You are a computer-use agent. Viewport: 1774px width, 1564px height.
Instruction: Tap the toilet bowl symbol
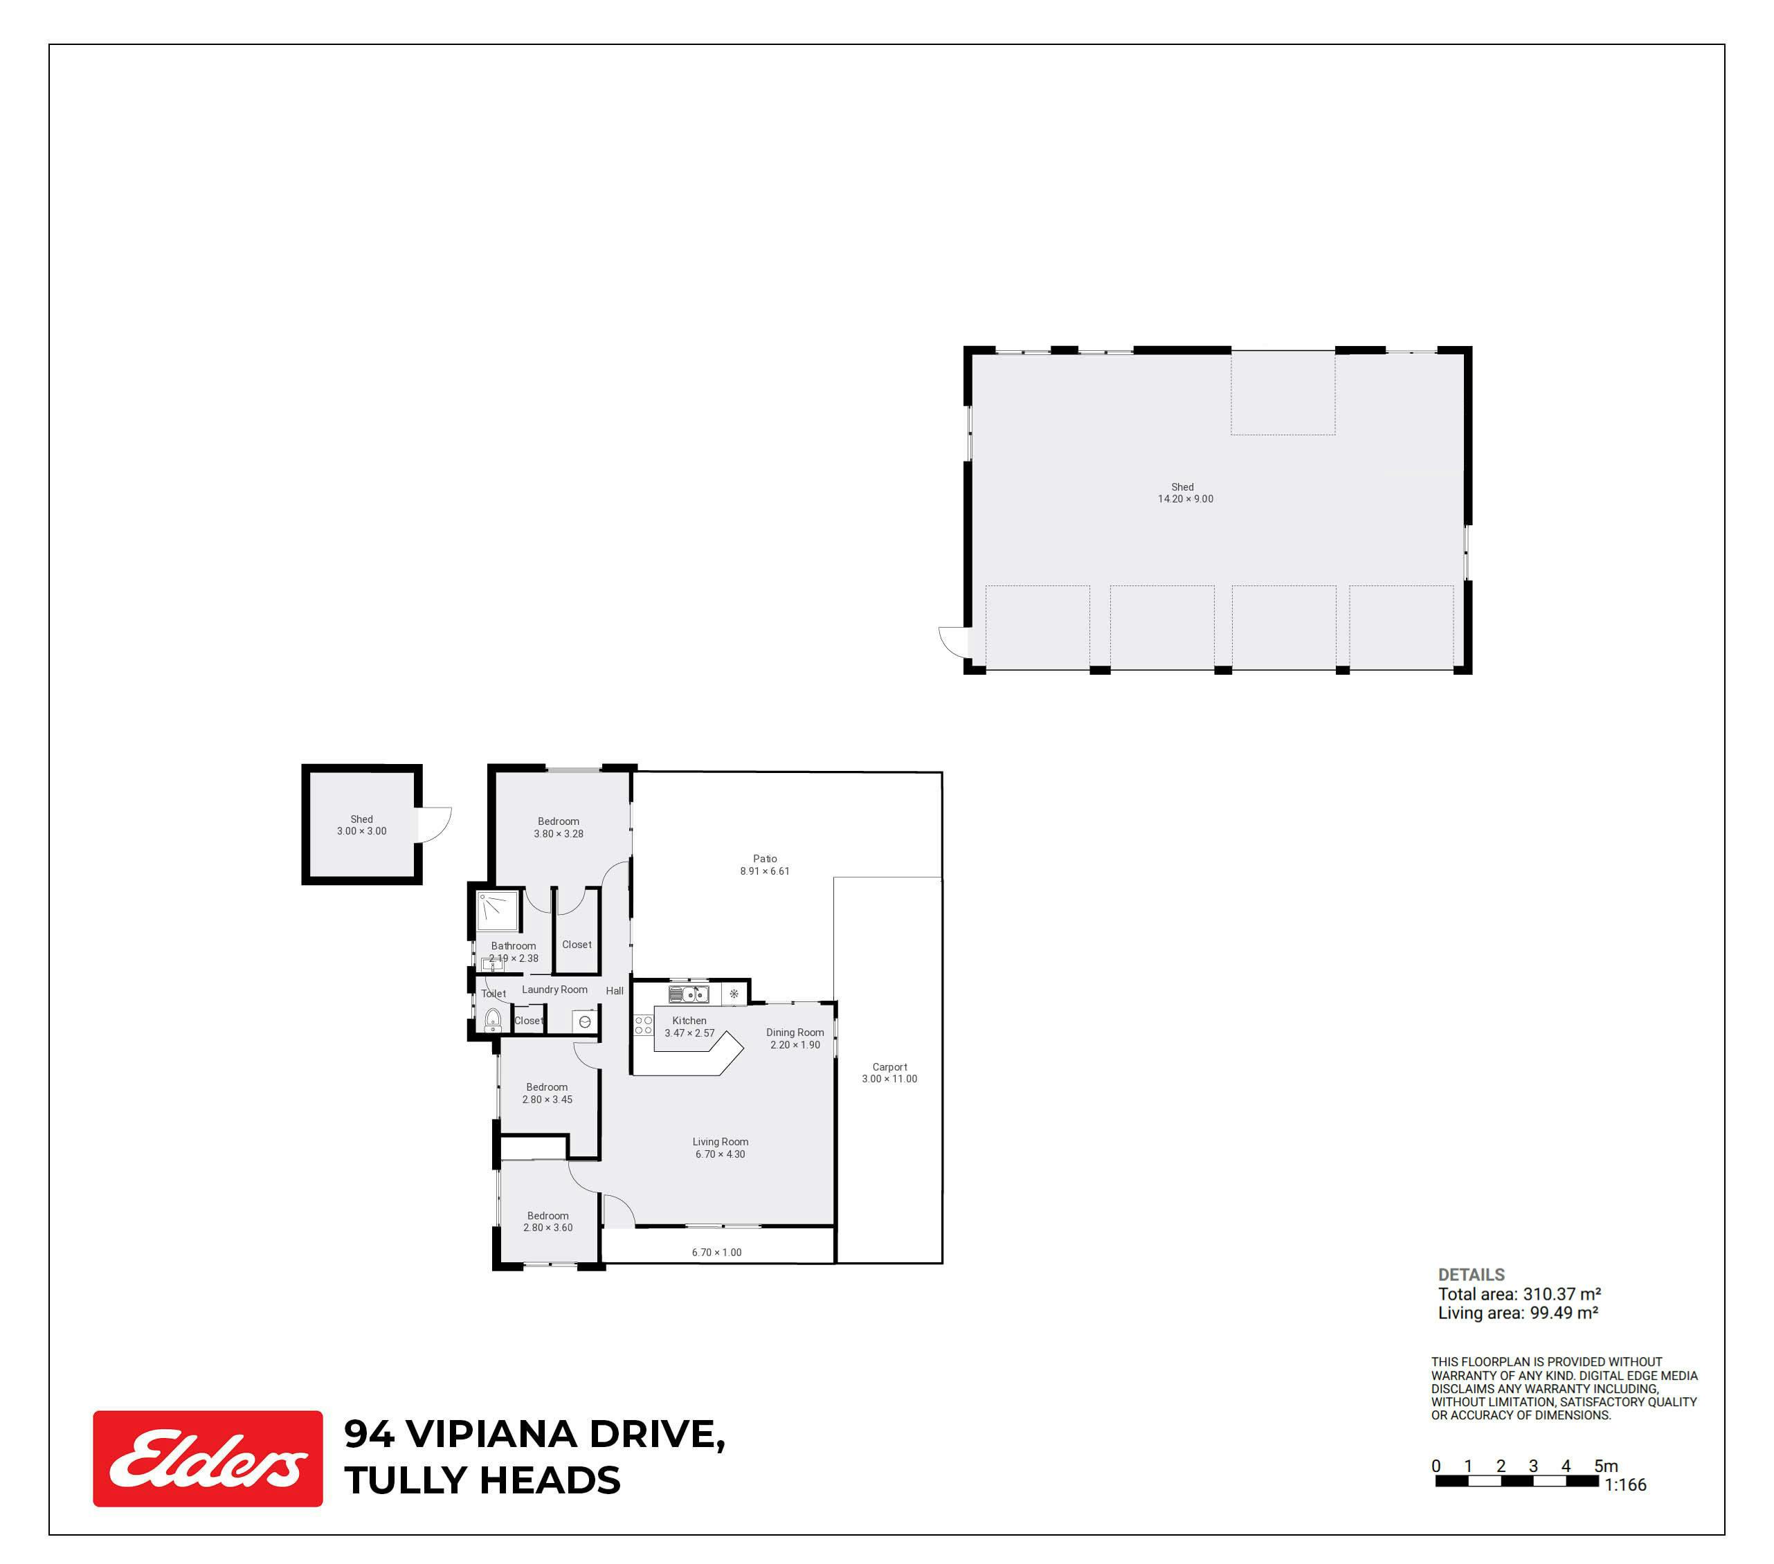point(493,1020)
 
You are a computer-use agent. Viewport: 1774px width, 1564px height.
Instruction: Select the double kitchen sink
point(688,994)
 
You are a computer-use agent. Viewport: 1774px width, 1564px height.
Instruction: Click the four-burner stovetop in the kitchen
point(643,1025)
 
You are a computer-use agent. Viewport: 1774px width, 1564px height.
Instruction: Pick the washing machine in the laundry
point(585,1021)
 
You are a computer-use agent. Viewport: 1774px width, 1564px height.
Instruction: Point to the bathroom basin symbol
point(492,964)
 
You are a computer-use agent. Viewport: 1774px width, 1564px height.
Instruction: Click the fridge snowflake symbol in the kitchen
point(734,994)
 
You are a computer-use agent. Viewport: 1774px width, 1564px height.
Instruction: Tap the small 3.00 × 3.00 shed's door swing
point(435,824)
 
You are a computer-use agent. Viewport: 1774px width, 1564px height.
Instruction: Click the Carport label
point(889,1066)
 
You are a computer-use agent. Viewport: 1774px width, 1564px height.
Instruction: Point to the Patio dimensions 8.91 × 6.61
point(765,871)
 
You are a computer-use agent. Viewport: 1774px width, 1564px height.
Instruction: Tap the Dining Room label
point(795,1032)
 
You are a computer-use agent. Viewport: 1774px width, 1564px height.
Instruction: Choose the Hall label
point(615,990)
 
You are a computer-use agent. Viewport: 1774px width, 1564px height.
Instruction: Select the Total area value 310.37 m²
point(1562,1293)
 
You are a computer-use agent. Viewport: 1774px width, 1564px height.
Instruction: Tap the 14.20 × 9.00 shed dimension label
point(1186,498)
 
